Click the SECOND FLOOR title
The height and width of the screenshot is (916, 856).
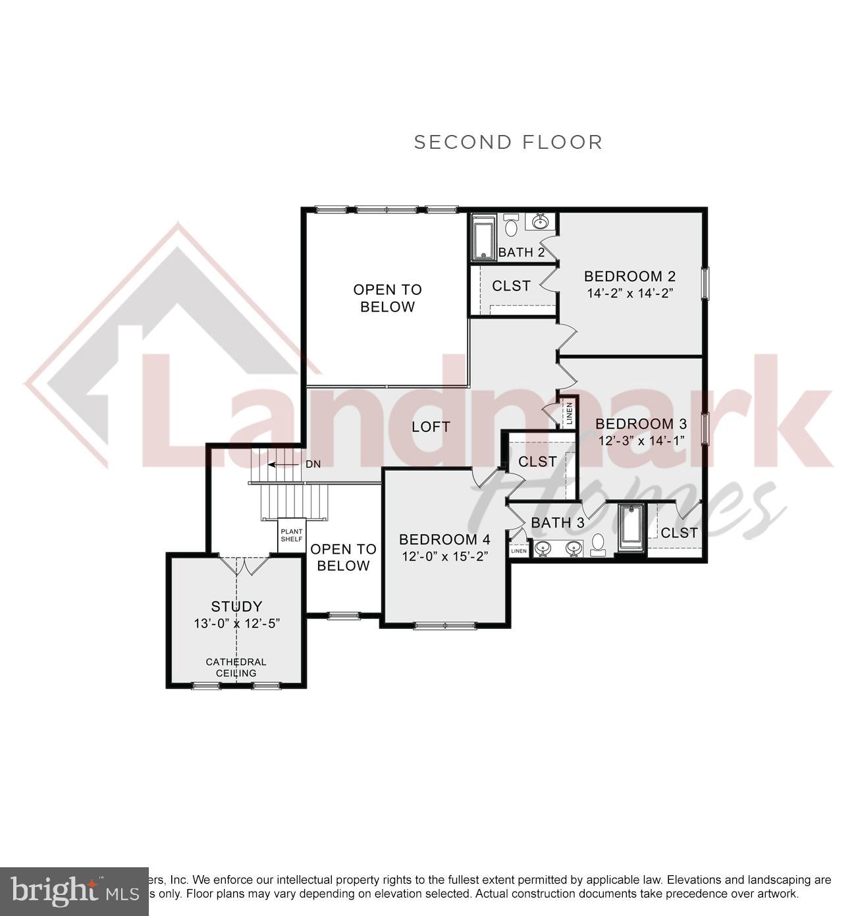508,142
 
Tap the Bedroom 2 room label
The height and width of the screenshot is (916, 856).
629,276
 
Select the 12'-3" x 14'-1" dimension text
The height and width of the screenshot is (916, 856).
642,441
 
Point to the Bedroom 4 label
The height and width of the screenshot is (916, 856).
444,539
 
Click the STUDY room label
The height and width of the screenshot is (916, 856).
236,606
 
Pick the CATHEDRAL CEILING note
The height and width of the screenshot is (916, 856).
236,667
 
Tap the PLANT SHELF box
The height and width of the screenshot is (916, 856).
291,535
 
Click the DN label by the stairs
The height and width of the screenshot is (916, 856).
313,464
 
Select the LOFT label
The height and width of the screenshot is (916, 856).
431,427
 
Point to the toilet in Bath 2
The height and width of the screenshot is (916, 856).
511,227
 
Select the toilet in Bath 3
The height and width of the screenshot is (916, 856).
598,544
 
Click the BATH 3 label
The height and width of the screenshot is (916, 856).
557,523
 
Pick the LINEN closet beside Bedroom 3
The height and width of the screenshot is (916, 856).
568,414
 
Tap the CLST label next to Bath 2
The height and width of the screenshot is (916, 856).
511,286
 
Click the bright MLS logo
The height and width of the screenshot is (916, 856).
74,891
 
